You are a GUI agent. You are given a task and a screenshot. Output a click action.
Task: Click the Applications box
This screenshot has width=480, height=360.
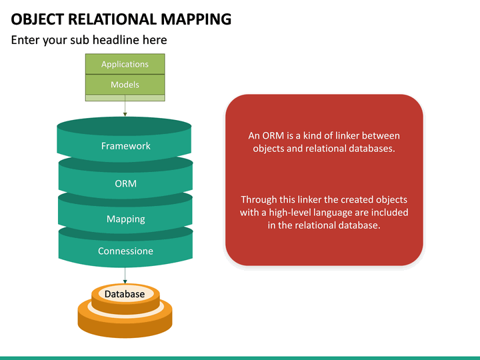[125, 64]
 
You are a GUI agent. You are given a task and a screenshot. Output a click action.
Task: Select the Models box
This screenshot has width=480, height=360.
[125, 85]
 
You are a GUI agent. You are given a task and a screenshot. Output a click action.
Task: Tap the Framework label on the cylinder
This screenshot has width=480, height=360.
[125, 146]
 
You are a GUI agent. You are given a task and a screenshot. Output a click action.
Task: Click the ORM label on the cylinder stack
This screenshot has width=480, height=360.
[125, 183]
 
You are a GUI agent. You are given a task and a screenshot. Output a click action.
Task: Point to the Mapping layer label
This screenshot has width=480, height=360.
[125, 219]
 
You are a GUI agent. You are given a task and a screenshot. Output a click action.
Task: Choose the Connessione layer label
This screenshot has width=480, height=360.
[125, 251]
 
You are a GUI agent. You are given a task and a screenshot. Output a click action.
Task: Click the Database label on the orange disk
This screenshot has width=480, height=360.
[125, 294]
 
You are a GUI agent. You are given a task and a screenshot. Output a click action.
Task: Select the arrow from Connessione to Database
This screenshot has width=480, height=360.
[125, 275]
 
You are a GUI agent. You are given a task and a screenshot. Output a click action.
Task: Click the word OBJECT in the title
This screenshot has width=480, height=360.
[33, 19]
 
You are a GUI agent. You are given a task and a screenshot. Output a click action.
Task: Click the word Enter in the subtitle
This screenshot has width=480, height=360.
[25, 40]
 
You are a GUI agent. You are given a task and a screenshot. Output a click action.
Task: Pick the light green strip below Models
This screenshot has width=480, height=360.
[125, 98]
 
